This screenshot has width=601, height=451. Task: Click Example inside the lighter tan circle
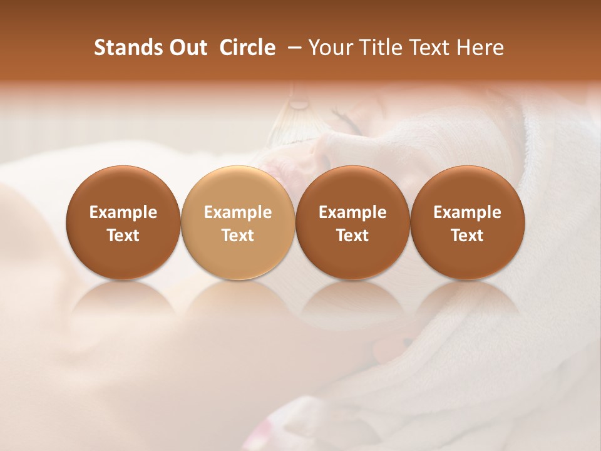238,212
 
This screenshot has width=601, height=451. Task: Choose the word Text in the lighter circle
238,236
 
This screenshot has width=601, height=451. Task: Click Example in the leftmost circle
123,212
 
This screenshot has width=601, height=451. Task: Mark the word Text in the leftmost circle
123,236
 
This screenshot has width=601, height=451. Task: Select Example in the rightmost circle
467,212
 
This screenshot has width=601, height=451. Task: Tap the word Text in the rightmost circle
467,236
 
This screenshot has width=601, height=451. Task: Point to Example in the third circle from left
352,212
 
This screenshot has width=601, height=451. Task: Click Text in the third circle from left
352,236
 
